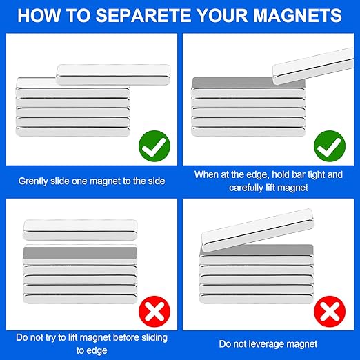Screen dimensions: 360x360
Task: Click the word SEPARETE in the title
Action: (x=143, y=15)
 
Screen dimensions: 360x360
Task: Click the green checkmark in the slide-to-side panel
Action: (x=154, y=146)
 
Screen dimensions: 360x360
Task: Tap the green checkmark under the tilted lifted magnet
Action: (x=330, y=146)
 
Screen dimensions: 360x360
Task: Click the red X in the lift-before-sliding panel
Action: (x=154, y=311)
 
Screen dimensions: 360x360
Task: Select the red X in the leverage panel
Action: (x=330, y=311)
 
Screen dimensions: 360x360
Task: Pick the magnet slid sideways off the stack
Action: (x=113, y=74)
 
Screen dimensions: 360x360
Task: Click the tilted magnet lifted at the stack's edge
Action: (x=313, y=66)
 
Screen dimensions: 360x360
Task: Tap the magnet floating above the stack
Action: (x=80, y=230)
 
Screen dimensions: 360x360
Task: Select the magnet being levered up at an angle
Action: (x=258, y=230)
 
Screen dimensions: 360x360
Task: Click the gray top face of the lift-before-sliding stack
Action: (x=80, y=253)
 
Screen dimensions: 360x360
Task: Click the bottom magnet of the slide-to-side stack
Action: (x=72, y=132)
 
